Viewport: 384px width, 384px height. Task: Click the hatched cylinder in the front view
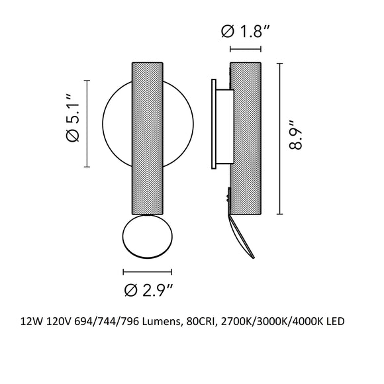tap(147, 139)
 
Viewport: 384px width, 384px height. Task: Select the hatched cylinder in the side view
tap(245, 139)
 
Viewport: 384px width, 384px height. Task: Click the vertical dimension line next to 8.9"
tap(282, 138)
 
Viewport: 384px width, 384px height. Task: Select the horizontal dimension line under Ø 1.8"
tap(245, 49)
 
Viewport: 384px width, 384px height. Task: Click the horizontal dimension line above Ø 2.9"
tap(147, 271)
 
